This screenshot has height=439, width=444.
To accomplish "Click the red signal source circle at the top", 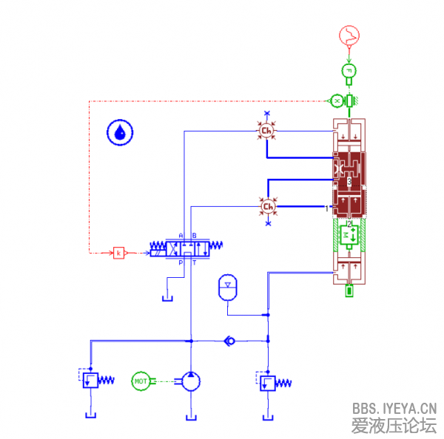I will coord(349,35).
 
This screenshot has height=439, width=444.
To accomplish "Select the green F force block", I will coord(349,70).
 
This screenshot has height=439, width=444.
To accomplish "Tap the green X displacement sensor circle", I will coord(336,99).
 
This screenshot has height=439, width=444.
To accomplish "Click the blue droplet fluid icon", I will coord(120,133).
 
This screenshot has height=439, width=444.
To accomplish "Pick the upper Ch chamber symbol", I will coord(267,132).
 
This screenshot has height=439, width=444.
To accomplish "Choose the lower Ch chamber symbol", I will coord(268,206).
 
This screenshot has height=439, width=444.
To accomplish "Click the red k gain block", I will coord(118,253).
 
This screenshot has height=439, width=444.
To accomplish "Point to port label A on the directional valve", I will coord(181,236).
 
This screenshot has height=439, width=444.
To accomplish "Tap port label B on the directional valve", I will coord(194,236).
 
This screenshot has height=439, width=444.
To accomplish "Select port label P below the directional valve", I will coord(181,263).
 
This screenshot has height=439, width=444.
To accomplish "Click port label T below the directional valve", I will coord(194,263).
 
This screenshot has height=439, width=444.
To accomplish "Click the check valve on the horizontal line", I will coord(229,341).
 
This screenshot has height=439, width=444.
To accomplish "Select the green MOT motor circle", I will coord(141,381).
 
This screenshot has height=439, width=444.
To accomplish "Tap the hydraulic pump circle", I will coord(191,381).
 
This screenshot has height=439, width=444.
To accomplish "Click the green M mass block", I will coord(348,235).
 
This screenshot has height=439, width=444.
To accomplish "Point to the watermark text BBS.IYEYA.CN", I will coord(394,408).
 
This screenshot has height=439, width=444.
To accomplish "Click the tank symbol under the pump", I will coord(191,418).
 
